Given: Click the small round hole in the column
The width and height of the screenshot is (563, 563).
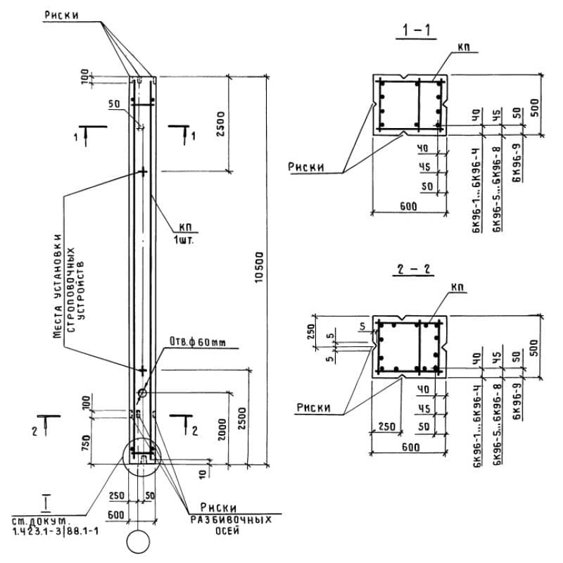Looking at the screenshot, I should coord(141,393).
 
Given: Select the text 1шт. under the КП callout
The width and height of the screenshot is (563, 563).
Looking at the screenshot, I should coord(185,239).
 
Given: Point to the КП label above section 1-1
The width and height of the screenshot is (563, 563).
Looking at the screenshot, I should coord(463,47).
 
